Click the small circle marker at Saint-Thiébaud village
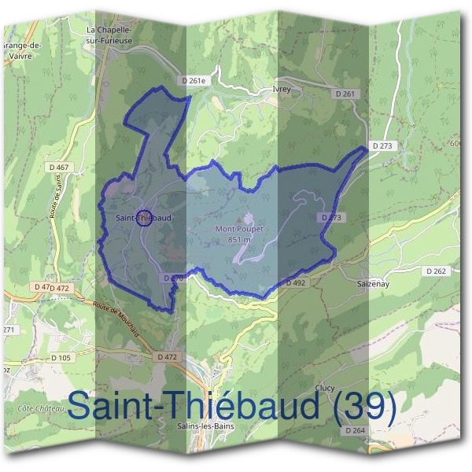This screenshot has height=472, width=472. point(143,218)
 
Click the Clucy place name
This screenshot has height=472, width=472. point(324,388)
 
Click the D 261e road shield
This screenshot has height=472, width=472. point(192,80)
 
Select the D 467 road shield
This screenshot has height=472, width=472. point(58,167)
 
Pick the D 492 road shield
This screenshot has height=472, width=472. point(295,282)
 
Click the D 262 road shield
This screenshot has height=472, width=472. point(436,271)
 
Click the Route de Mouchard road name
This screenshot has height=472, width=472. point(116,319)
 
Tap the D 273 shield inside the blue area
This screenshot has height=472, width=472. point(330,217)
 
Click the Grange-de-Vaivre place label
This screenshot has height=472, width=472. point(22,50)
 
